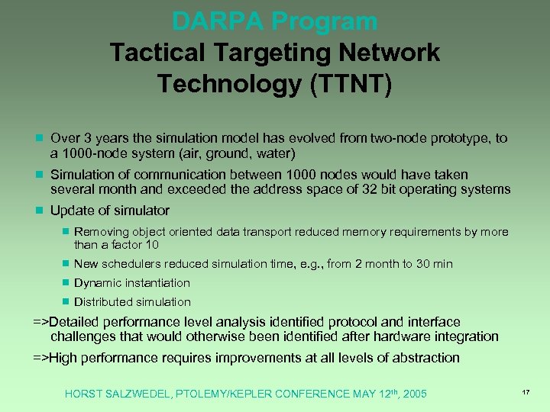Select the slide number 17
pos(526,392)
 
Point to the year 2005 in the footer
pos(414,394)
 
